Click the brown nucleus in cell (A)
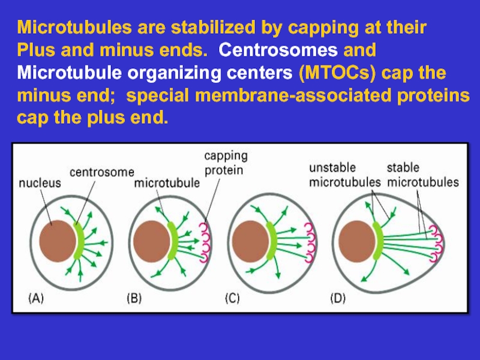[x=58, y=240]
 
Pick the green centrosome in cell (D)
[x=376, y=241]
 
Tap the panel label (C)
[x=233, y=298]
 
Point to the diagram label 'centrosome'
[x=102, y=173]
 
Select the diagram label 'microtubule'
[x=167, y=184]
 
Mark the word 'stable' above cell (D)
[x=403, y=167]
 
